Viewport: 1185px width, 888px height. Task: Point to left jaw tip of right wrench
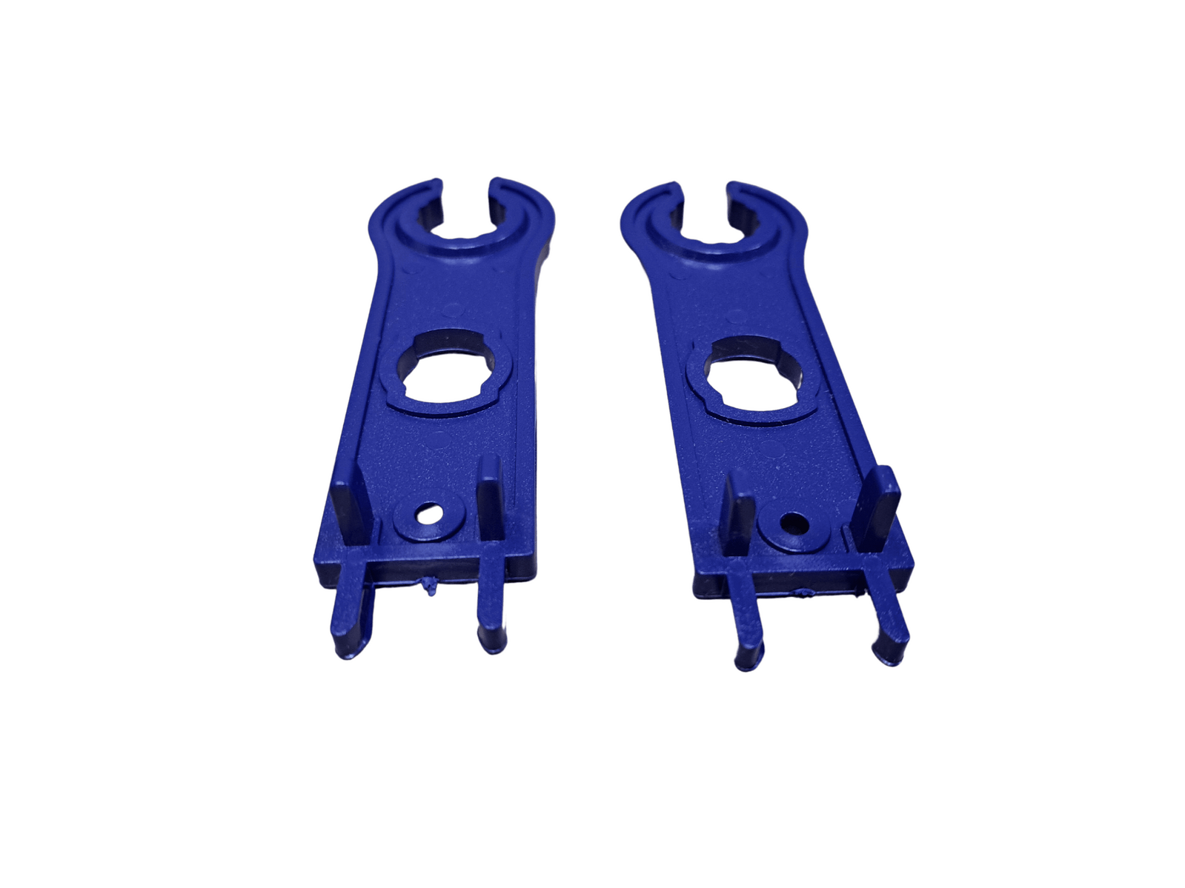coord(668,187)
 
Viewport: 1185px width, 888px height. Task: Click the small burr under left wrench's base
coord(429,590)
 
